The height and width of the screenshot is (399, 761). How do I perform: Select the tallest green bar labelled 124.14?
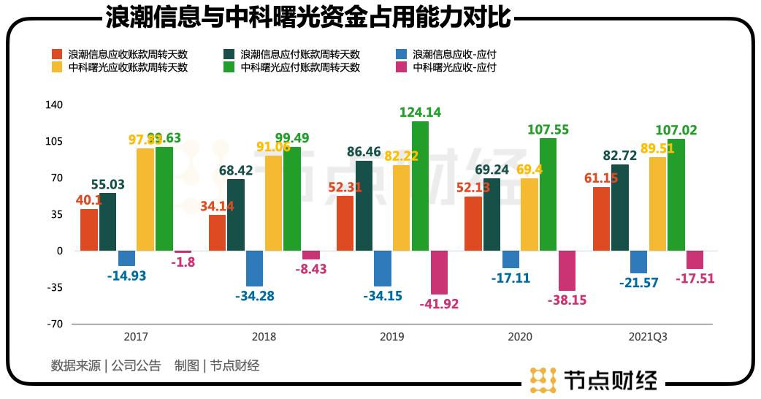pos(420,186)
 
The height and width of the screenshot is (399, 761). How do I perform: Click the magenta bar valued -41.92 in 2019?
pos(439,273)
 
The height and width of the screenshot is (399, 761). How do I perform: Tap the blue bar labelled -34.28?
pos(254,268)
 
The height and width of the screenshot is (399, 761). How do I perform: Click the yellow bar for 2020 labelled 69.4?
pos(529,214)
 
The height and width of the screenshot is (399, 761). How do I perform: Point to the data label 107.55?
pos(548,130)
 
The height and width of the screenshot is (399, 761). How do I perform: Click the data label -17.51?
pos(695,278)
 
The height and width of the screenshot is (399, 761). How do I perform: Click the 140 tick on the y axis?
pos(55,105)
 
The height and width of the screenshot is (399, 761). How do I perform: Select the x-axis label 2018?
pos(264,338)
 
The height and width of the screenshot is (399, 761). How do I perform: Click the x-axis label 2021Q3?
pos(648,338)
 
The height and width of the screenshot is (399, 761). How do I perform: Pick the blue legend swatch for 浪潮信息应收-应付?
pos(400,54)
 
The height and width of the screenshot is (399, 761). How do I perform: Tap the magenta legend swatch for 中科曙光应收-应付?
pos(400,67)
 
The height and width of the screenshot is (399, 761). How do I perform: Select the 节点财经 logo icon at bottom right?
pos(543,379)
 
